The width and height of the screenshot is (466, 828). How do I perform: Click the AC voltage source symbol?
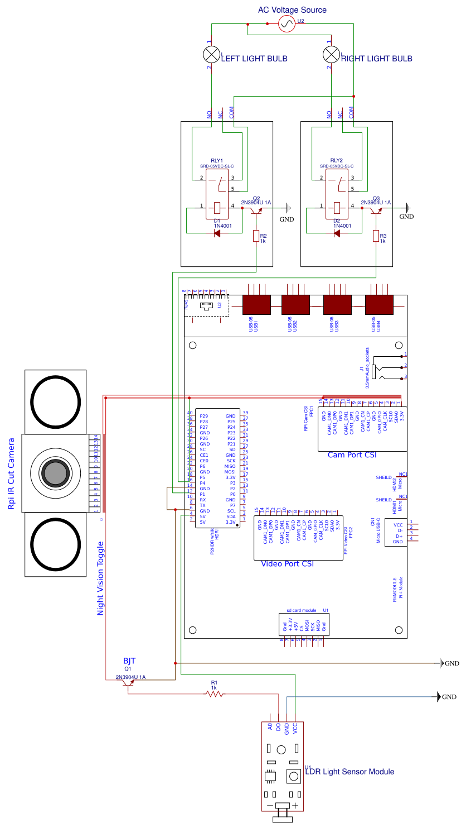(286, 24)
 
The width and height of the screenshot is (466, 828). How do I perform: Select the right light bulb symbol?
(331, 54)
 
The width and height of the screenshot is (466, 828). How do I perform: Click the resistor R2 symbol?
(256, 236)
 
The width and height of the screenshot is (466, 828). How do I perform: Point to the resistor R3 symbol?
(376, 236)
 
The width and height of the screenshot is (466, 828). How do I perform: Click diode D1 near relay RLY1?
(217, 233)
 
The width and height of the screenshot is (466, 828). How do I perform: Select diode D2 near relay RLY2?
(337, 233)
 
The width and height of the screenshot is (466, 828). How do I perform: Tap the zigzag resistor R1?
(215, 694)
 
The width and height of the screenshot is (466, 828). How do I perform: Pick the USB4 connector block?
(379, 305)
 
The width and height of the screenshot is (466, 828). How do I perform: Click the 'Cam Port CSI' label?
(352, 455)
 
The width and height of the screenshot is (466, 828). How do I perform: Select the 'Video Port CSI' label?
(287, 564)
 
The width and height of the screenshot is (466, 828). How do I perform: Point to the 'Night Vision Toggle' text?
(101, 578)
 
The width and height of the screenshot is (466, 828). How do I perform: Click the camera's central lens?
(55, 474)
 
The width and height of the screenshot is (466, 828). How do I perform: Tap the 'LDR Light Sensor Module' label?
(349, 772)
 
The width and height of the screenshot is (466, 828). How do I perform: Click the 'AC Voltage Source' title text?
(292, 10)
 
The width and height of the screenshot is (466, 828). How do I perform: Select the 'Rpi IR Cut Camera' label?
(12, 473)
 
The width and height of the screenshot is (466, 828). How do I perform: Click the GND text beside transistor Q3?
(407, 217)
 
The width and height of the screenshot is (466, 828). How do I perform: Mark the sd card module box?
(304, 625)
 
